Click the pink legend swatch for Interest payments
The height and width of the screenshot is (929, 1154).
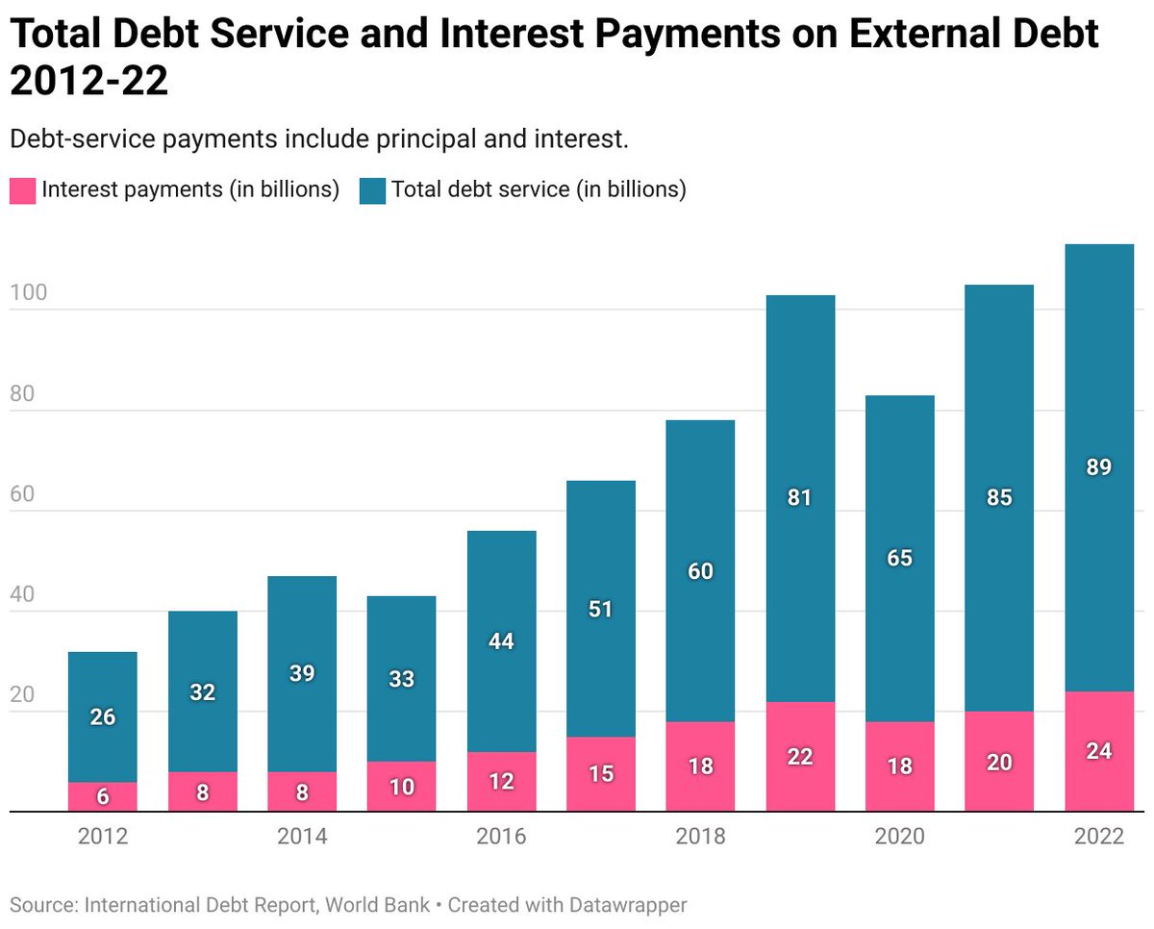[x=22, y=190]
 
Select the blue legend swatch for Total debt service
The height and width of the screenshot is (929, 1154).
[x=371, y=190]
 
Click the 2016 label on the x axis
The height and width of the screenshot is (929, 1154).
[x=501, y=837]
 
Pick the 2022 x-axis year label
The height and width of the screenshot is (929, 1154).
[x=1099, y=837]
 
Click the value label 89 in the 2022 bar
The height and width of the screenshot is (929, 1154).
[x=1099, y=468]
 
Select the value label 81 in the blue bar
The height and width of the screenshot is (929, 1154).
[x=800, y=498]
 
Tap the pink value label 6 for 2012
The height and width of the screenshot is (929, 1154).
[x=103, y=797]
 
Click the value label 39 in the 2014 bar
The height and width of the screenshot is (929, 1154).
[x=302, y=673]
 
